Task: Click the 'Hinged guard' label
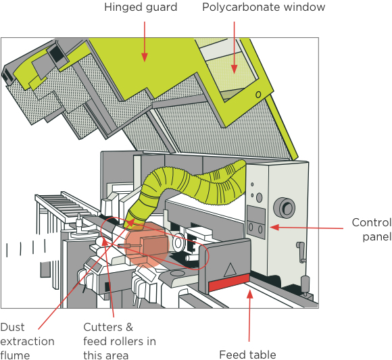tap(141, 7)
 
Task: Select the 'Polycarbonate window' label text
tap(264, 7)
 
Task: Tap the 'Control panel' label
tap(372, 230)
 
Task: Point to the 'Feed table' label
tap(247, 355)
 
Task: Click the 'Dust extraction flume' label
tap(27, 341)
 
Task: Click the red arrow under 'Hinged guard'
tap(144, 41)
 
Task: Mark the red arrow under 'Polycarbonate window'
tap(234, 47)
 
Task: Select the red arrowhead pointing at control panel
tap(274, 228)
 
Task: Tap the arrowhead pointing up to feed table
tap(250, 294)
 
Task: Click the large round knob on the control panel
tap(285, 207)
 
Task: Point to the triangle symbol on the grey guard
tap(230, 269)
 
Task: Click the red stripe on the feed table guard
tap(228, 282)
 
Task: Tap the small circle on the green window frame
tap(258, 95)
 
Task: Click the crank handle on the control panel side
tap(301, 252)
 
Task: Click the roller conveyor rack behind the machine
tap(66, 205)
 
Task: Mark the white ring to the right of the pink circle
tap(178, 242)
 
